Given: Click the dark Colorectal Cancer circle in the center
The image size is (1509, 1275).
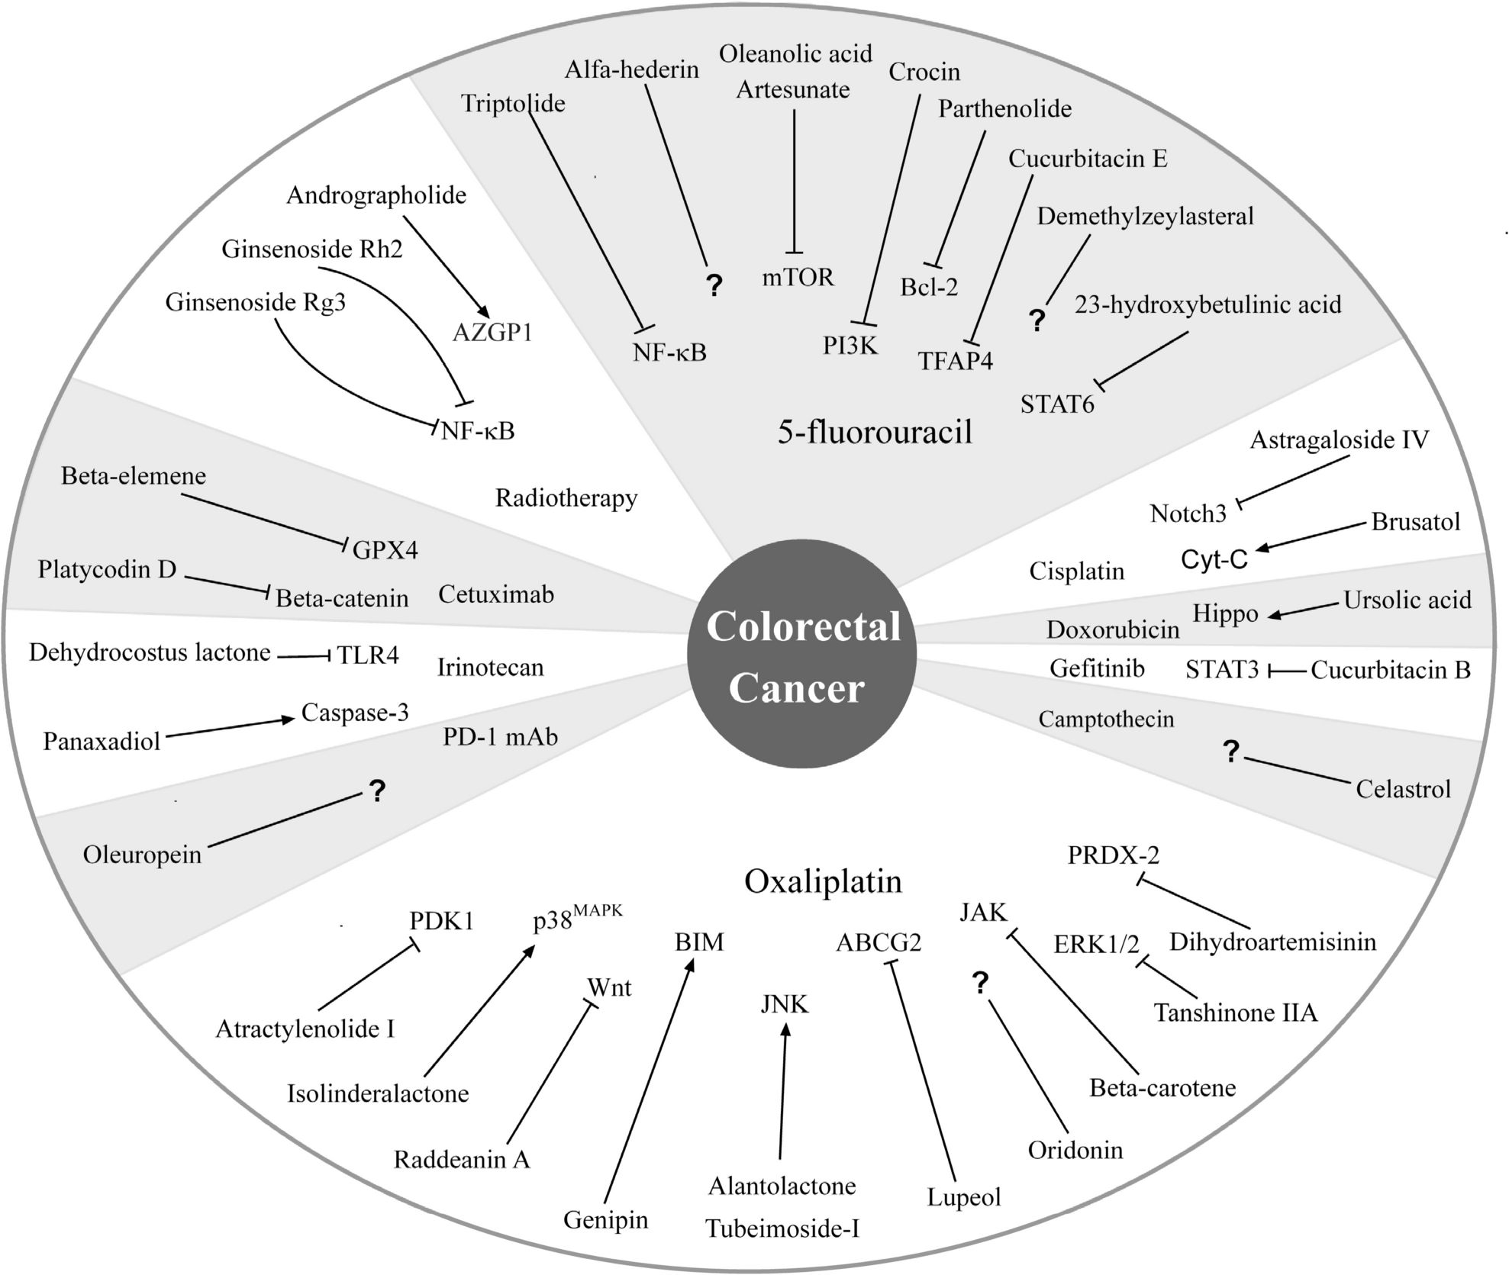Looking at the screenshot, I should tap(801, 655).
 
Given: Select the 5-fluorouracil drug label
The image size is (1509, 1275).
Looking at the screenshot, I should tap(875, 432).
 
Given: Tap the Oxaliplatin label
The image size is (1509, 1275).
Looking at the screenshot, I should tap(823, 881).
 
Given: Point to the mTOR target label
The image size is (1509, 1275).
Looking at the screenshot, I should tap(798, 277).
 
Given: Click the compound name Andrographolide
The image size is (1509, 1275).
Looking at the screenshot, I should tap(376, 195).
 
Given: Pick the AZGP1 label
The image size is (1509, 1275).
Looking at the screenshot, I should tap(492, 332).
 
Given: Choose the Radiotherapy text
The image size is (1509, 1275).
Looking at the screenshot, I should tap(566, 498).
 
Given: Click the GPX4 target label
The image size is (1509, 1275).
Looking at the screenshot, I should tap(385, 549).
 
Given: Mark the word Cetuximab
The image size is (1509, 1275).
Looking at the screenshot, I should tap(496, 594).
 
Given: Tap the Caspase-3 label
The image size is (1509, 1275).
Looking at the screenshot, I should tap(355, 712).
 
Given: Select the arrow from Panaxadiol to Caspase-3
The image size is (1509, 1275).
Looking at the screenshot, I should tap(229, 728).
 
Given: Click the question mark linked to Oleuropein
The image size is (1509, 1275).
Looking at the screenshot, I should tap(376, 791).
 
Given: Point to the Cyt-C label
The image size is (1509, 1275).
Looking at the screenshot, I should tap(1214, 559).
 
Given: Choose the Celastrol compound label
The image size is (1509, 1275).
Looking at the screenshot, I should tap(1403, 789).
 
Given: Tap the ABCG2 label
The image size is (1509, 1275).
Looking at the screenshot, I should tap(879, 943).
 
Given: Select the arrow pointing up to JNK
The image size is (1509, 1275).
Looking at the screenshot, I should tap(783, 1091).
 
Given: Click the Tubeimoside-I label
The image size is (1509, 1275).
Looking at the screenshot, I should tap(782, 1228).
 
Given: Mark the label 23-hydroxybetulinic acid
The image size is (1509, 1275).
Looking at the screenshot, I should tap(1208, 305).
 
